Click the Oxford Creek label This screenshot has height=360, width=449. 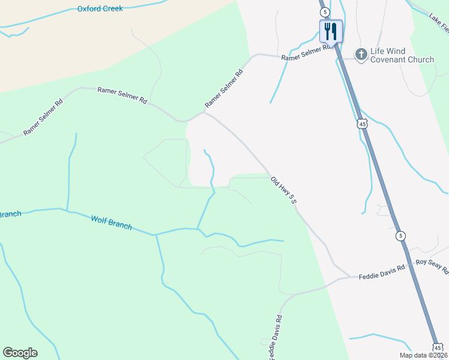click(x=100, y=9)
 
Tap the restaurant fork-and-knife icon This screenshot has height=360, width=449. click(x=331, y=31)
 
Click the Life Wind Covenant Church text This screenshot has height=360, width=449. click(x=402, y=56)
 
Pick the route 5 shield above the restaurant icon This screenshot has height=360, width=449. click(x=324, y=11)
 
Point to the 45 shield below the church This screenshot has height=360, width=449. click(x=361, y=124)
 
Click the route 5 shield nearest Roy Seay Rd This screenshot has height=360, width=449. click(x=400, y=236)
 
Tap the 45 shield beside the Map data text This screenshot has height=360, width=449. click(x=438, y=347)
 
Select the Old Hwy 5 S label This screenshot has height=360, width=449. click(x=284, y=190)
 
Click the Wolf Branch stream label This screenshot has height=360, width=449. click(x=111, y=223)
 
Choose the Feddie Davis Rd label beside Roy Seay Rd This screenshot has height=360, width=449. click(x=382, y=276)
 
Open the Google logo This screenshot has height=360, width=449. click(x=20, y=353)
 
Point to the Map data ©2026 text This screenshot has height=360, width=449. click(x=423, y=355)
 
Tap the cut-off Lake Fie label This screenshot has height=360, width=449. click(x=438, y=23)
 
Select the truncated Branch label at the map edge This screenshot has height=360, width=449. click(x=10, y=214)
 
